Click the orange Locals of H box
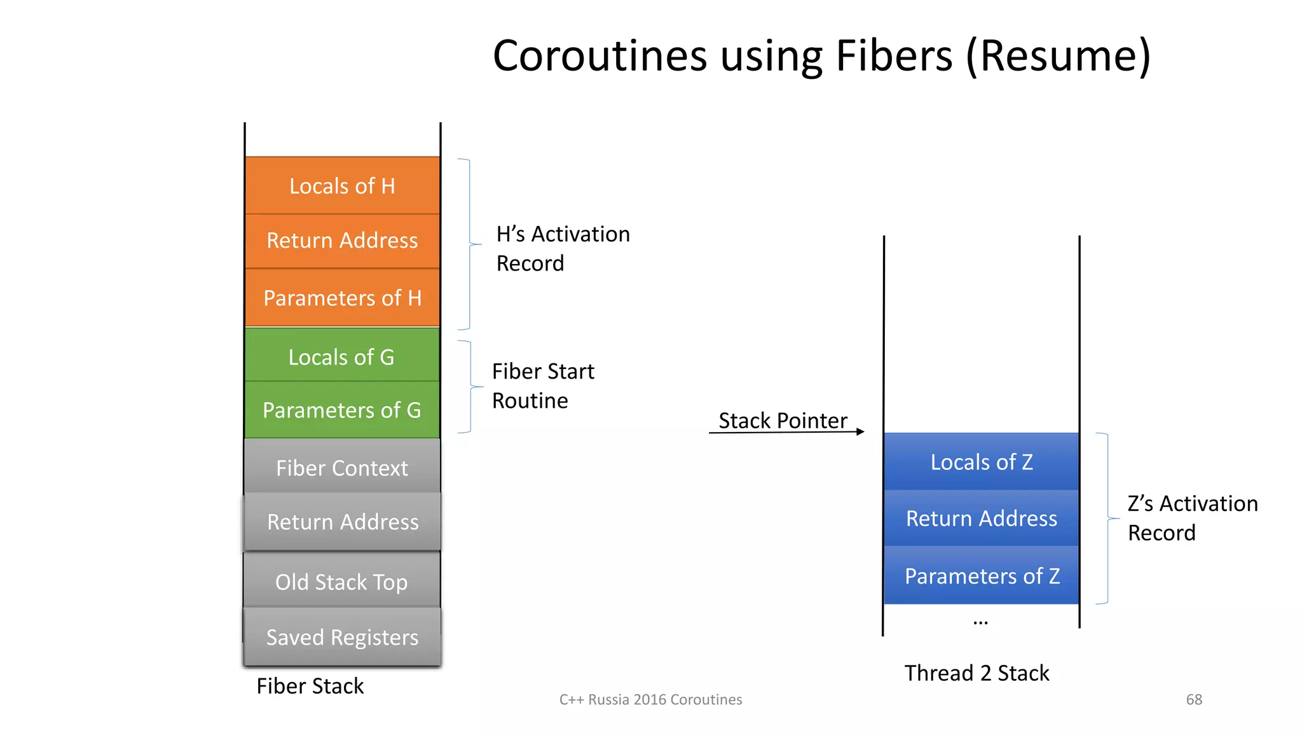click(342, 186)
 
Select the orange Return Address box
click(342, 241)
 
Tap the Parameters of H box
click(342, 298)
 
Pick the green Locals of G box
click(342, 356)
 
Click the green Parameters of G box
click(342, 410)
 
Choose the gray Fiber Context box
click(342, 468)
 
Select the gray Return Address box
click(342, 522)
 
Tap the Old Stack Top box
click(342, 582)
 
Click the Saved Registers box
click(342, 637)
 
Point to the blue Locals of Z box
click(981, 462)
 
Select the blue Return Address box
click(981, 518)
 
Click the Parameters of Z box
click(981, 576)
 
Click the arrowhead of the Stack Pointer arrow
click(860, 432)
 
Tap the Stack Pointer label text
click(783, 421)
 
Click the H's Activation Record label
click(562, 248)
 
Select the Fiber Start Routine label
click(542, 386)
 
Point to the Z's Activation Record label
click(1192, 517)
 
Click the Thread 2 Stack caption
click(976, 673)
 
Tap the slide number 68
click(1194, 699)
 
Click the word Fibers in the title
click(894, 56)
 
